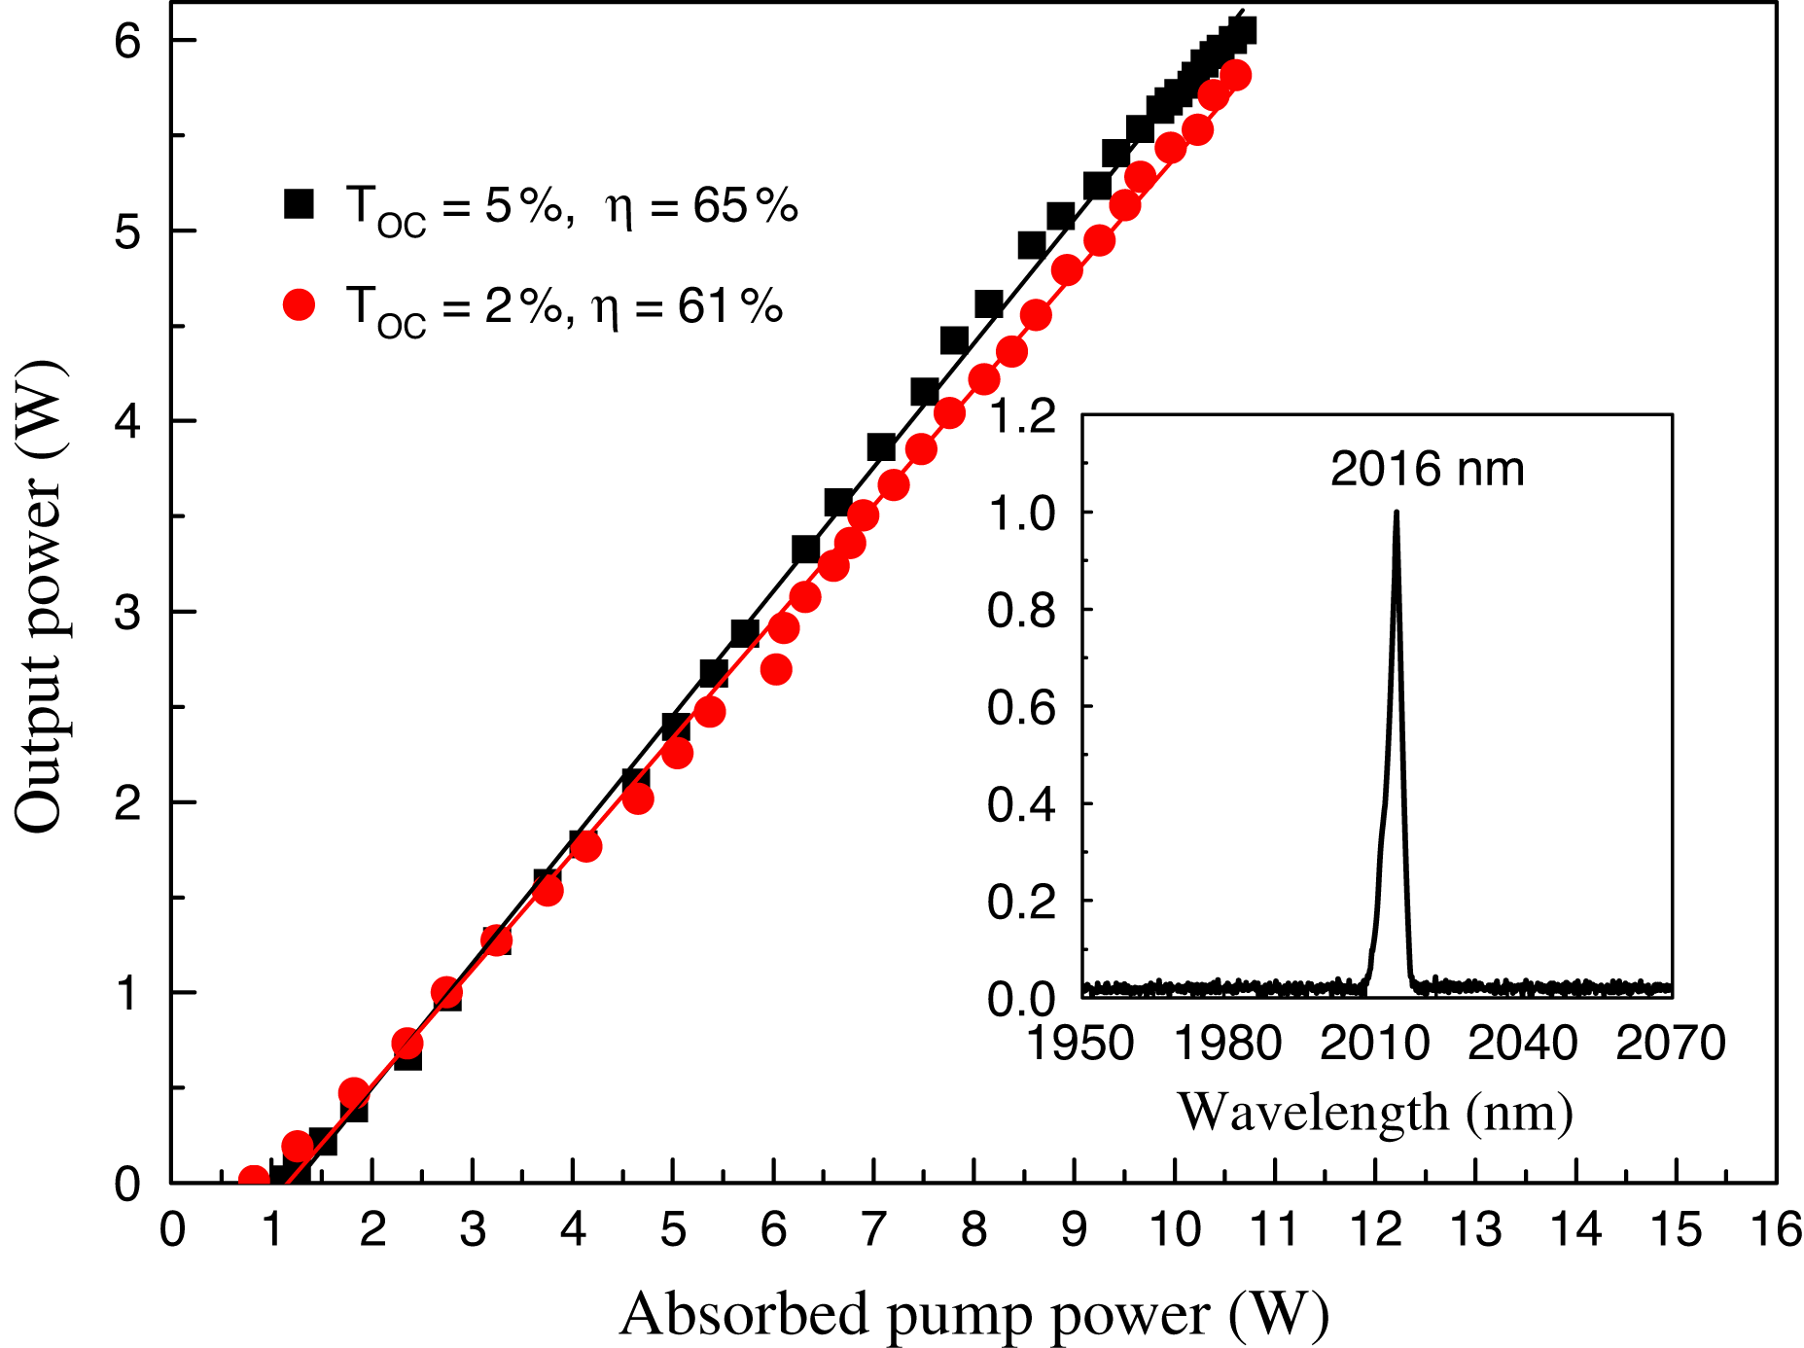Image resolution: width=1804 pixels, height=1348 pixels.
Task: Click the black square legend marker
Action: [299, 204]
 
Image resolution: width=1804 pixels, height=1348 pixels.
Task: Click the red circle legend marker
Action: [299, 305]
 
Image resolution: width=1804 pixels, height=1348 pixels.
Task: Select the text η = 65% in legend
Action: [700, 206]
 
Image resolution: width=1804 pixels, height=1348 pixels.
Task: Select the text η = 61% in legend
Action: [687, 307]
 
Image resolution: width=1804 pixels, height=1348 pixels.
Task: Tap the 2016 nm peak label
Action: [1427, 470]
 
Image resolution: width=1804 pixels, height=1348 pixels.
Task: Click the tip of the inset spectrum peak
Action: [1397, 512]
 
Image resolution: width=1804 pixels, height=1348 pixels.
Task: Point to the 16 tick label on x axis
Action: [1775, 1230]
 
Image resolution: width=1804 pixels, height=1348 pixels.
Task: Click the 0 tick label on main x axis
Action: [172, 1230]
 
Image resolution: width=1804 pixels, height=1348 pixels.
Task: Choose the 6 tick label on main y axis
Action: [128, 41]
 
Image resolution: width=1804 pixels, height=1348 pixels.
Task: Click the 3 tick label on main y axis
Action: [128, 613]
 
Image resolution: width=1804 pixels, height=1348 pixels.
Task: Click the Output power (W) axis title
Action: [39, 595]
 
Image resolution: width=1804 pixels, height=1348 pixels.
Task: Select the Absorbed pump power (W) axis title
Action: [973, 1315]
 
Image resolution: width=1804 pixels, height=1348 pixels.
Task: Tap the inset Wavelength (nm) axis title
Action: [1375, 1112]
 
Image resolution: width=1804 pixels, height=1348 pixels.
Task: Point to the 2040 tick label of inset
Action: [1522, 1044]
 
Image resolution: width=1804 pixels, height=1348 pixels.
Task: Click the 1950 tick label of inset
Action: [1080, 1044]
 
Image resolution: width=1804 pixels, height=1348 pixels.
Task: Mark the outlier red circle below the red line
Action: [775, 669]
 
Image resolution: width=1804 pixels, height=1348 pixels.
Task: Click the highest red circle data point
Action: [1235, 75]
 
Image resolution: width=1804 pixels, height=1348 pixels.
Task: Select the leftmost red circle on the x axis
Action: [253, 1180]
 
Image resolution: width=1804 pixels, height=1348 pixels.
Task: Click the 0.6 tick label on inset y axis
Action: [1021, 707]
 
